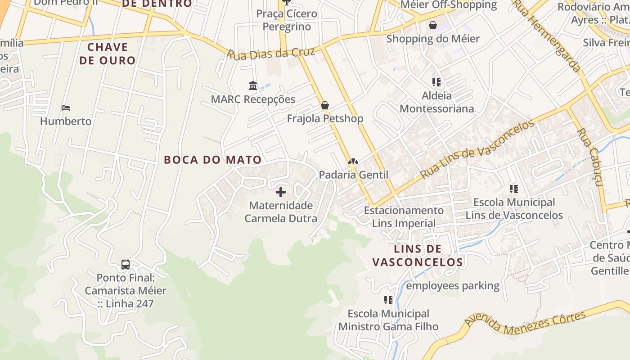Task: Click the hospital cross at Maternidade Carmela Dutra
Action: tap(281, 193)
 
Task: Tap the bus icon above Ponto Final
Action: tap(126, 265)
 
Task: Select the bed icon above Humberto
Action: tap(66, 108)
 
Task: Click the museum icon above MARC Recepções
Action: tap(253, 85)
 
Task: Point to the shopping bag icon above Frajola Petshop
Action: tap(325, 106)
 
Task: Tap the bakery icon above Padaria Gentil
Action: tap(353, 162)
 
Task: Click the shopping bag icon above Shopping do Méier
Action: tap(433, 25)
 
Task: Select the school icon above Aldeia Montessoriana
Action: tap(436, 82)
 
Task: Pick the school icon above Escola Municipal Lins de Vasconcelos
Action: tap(513, 189)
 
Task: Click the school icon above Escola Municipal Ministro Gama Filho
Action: tap(388, 300)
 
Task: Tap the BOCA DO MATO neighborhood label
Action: tap(212, 160)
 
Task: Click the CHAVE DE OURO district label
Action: tap(108, 54)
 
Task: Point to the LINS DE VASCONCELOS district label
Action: tap(418, 256)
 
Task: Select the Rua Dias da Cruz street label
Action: tap(270, 54)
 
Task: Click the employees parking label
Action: tap(453, 286)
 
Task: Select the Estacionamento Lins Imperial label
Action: tap(404, 216)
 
